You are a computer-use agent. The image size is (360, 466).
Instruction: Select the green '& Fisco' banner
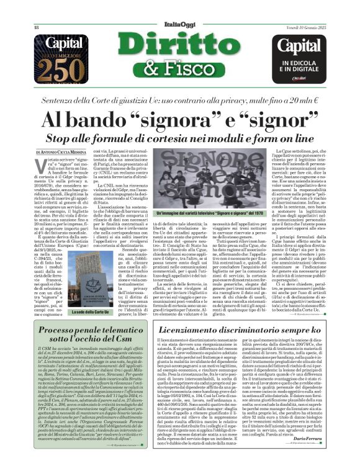[x=179, y=68]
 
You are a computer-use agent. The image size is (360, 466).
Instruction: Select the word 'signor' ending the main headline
[x=279, y=118]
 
